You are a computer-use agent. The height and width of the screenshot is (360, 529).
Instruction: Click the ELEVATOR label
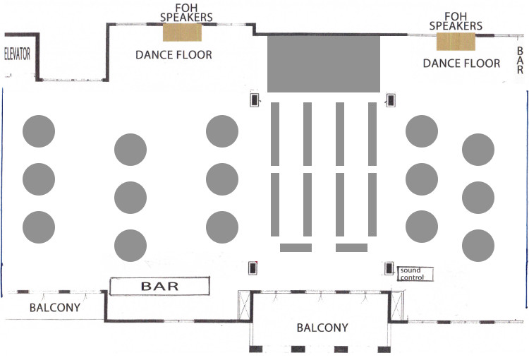18,54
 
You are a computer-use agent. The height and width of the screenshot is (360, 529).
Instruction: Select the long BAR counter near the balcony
160,286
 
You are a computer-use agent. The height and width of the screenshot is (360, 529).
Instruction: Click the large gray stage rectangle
324,64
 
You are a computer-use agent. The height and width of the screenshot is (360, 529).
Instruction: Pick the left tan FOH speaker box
183,32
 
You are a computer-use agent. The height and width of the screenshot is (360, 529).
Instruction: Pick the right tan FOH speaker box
456,41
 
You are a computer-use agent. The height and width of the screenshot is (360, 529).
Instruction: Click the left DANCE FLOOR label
174,54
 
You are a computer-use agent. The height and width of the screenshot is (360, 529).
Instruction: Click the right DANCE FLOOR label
461,63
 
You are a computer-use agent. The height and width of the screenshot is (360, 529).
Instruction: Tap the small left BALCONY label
54,308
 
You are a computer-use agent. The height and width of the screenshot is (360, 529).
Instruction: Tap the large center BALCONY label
322,328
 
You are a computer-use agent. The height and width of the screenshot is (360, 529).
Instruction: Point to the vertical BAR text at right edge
521,61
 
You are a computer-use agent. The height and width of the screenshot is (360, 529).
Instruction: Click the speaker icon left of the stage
254,100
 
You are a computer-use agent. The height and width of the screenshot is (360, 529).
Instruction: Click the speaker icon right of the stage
389,100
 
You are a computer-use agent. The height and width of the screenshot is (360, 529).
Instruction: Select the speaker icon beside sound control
389,268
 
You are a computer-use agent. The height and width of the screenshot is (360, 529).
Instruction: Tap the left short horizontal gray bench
296,247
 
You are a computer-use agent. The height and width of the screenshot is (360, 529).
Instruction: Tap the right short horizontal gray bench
351,247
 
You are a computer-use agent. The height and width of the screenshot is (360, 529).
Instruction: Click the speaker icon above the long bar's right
252,268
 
